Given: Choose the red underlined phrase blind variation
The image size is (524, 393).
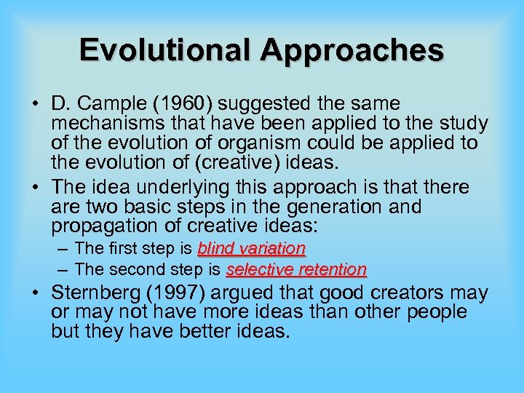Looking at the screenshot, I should coord(251,249).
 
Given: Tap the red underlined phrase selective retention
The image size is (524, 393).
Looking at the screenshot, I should coord(296,269).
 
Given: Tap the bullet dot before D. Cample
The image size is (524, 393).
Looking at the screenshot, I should coord(35,105).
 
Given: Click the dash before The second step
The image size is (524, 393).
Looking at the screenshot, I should coord(63,269).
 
